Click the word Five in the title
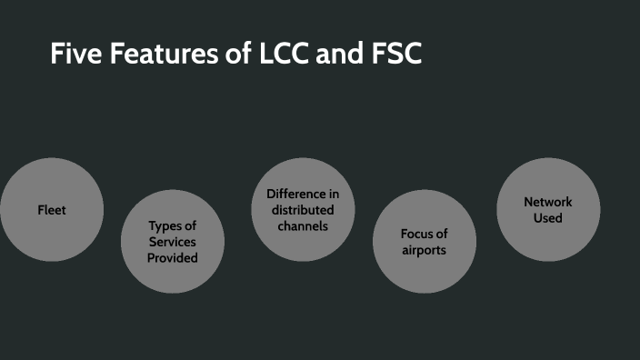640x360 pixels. pos(75,55)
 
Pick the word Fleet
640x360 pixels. pos(52,210)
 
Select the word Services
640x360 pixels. pos(173,242)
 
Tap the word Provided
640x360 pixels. pos(173,257)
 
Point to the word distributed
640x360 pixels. pos(303,210)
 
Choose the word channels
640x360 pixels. pos(303,225)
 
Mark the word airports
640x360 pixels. pos(425,249)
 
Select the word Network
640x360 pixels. pos(548,202)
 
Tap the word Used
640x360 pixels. pos(548,218)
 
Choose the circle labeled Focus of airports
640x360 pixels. pos(425,269)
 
